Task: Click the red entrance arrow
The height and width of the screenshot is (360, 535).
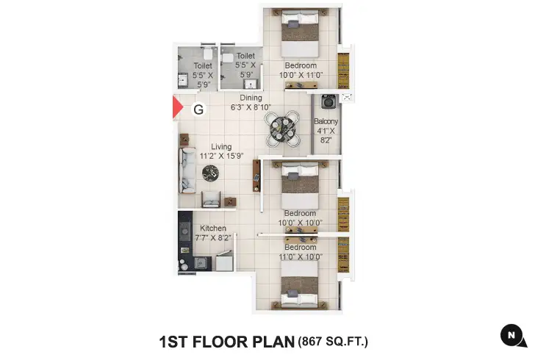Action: (176, 107)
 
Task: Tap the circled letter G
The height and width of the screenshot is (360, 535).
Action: (198, 109)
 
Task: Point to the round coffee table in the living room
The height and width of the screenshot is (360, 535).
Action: (211, 173)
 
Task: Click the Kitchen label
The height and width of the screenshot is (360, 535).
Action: (213, 228)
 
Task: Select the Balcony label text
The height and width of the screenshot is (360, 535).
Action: (326, 121)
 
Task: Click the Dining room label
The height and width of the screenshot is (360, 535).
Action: (251, 98)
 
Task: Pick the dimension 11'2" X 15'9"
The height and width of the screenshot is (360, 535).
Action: (221, 156)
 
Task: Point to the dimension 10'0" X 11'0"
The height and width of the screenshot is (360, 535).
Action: (301, 74)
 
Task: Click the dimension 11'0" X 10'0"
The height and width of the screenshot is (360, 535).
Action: (301, 257)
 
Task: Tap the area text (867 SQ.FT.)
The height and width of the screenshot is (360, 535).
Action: (333, 341)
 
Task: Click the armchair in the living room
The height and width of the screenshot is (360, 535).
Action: (210, 198)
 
